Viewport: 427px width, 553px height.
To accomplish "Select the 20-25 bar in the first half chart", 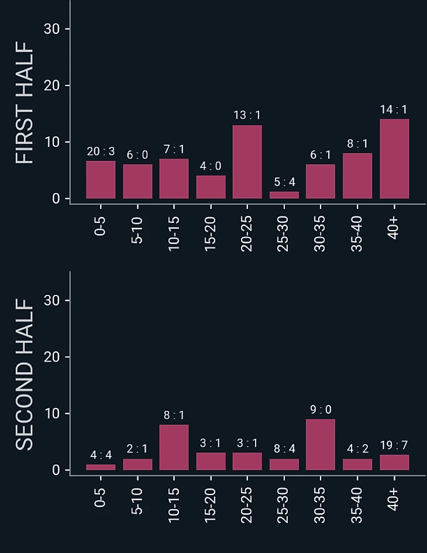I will [247, 162].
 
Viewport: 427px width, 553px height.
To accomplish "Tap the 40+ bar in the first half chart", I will [394, 159].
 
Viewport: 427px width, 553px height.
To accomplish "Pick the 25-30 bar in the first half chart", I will [284, 195].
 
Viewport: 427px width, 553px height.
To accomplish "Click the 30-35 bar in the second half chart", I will [321, 444].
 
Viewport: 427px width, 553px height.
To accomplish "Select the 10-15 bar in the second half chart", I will [174, 447].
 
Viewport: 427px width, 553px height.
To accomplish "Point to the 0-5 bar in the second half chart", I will [101, 467].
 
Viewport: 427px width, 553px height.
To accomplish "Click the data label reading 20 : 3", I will [101, 152].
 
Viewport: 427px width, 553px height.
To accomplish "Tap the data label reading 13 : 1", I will [247, 115].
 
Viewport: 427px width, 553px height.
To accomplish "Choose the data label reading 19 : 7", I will [394, 445].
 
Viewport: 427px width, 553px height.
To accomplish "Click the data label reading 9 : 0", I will [321, 410].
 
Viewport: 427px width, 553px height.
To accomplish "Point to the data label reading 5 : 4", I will [284, 182].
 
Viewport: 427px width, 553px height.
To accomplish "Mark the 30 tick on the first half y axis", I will [52, 29].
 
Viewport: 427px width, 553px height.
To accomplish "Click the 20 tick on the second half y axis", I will [52, 357].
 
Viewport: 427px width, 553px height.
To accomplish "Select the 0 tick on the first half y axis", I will [56, 199].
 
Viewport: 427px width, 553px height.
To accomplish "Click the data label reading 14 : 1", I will [394, 109].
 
